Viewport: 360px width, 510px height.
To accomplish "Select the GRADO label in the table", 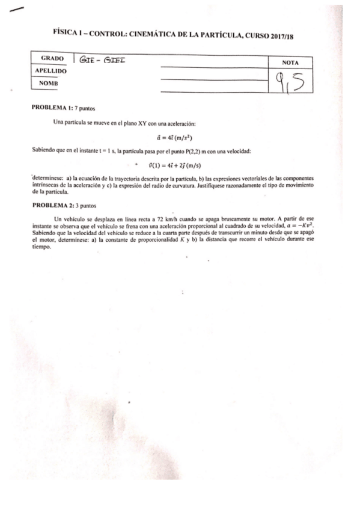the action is pyautogui.click(x=52, y=59).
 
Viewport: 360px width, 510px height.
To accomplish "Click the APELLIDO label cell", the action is pyautogui.click(x=51, y=71).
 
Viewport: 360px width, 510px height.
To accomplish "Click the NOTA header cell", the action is pyautogui.click(x=291, y=63).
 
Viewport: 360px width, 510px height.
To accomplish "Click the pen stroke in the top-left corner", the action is pyautogui.click(x=18, y=9).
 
